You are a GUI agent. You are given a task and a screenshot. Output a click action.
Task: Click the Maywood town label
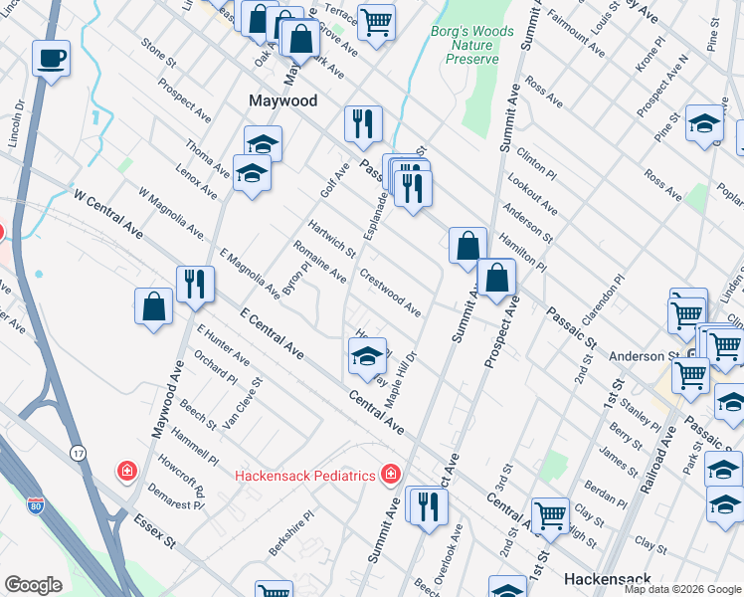(282, 101)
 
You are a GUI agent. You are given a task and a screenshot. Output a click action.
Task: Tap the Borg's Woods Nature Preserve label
(471, 45)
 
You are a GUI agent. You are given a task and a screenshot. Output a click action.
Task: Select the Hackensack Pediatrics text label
(304, 475)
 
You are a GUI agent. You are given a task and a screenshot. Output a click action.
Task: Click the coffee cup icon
(51, 58)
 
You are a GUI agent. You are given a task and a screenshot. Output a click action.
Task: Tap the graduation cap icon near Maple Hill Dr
(367, 356)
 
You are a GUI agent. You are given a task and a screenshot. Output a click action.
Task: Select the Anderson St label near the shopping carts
(638, 356)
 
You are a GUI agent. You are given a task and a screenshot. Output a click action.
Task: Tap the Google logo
(33, 585)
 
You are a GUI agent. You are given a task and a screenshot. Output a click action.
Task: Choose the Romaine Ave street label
(319, 261)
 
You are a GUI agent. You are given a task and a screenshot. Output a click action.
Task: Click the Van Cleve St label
(241, 402)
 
